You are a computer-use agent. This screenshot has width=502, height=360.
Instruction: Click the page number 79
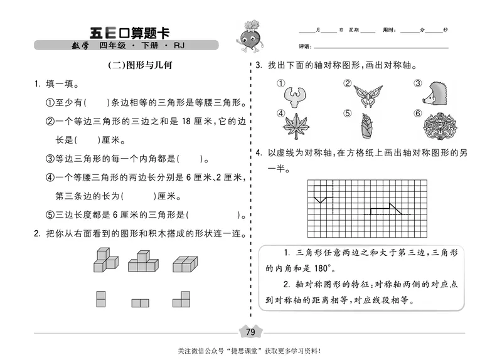point(250,332)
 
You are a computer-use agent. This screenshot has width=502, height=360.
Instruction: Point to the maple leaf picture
point(294,125)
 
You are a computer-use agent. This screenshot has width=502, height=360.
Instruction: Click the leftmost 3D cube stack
point(105,258)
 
